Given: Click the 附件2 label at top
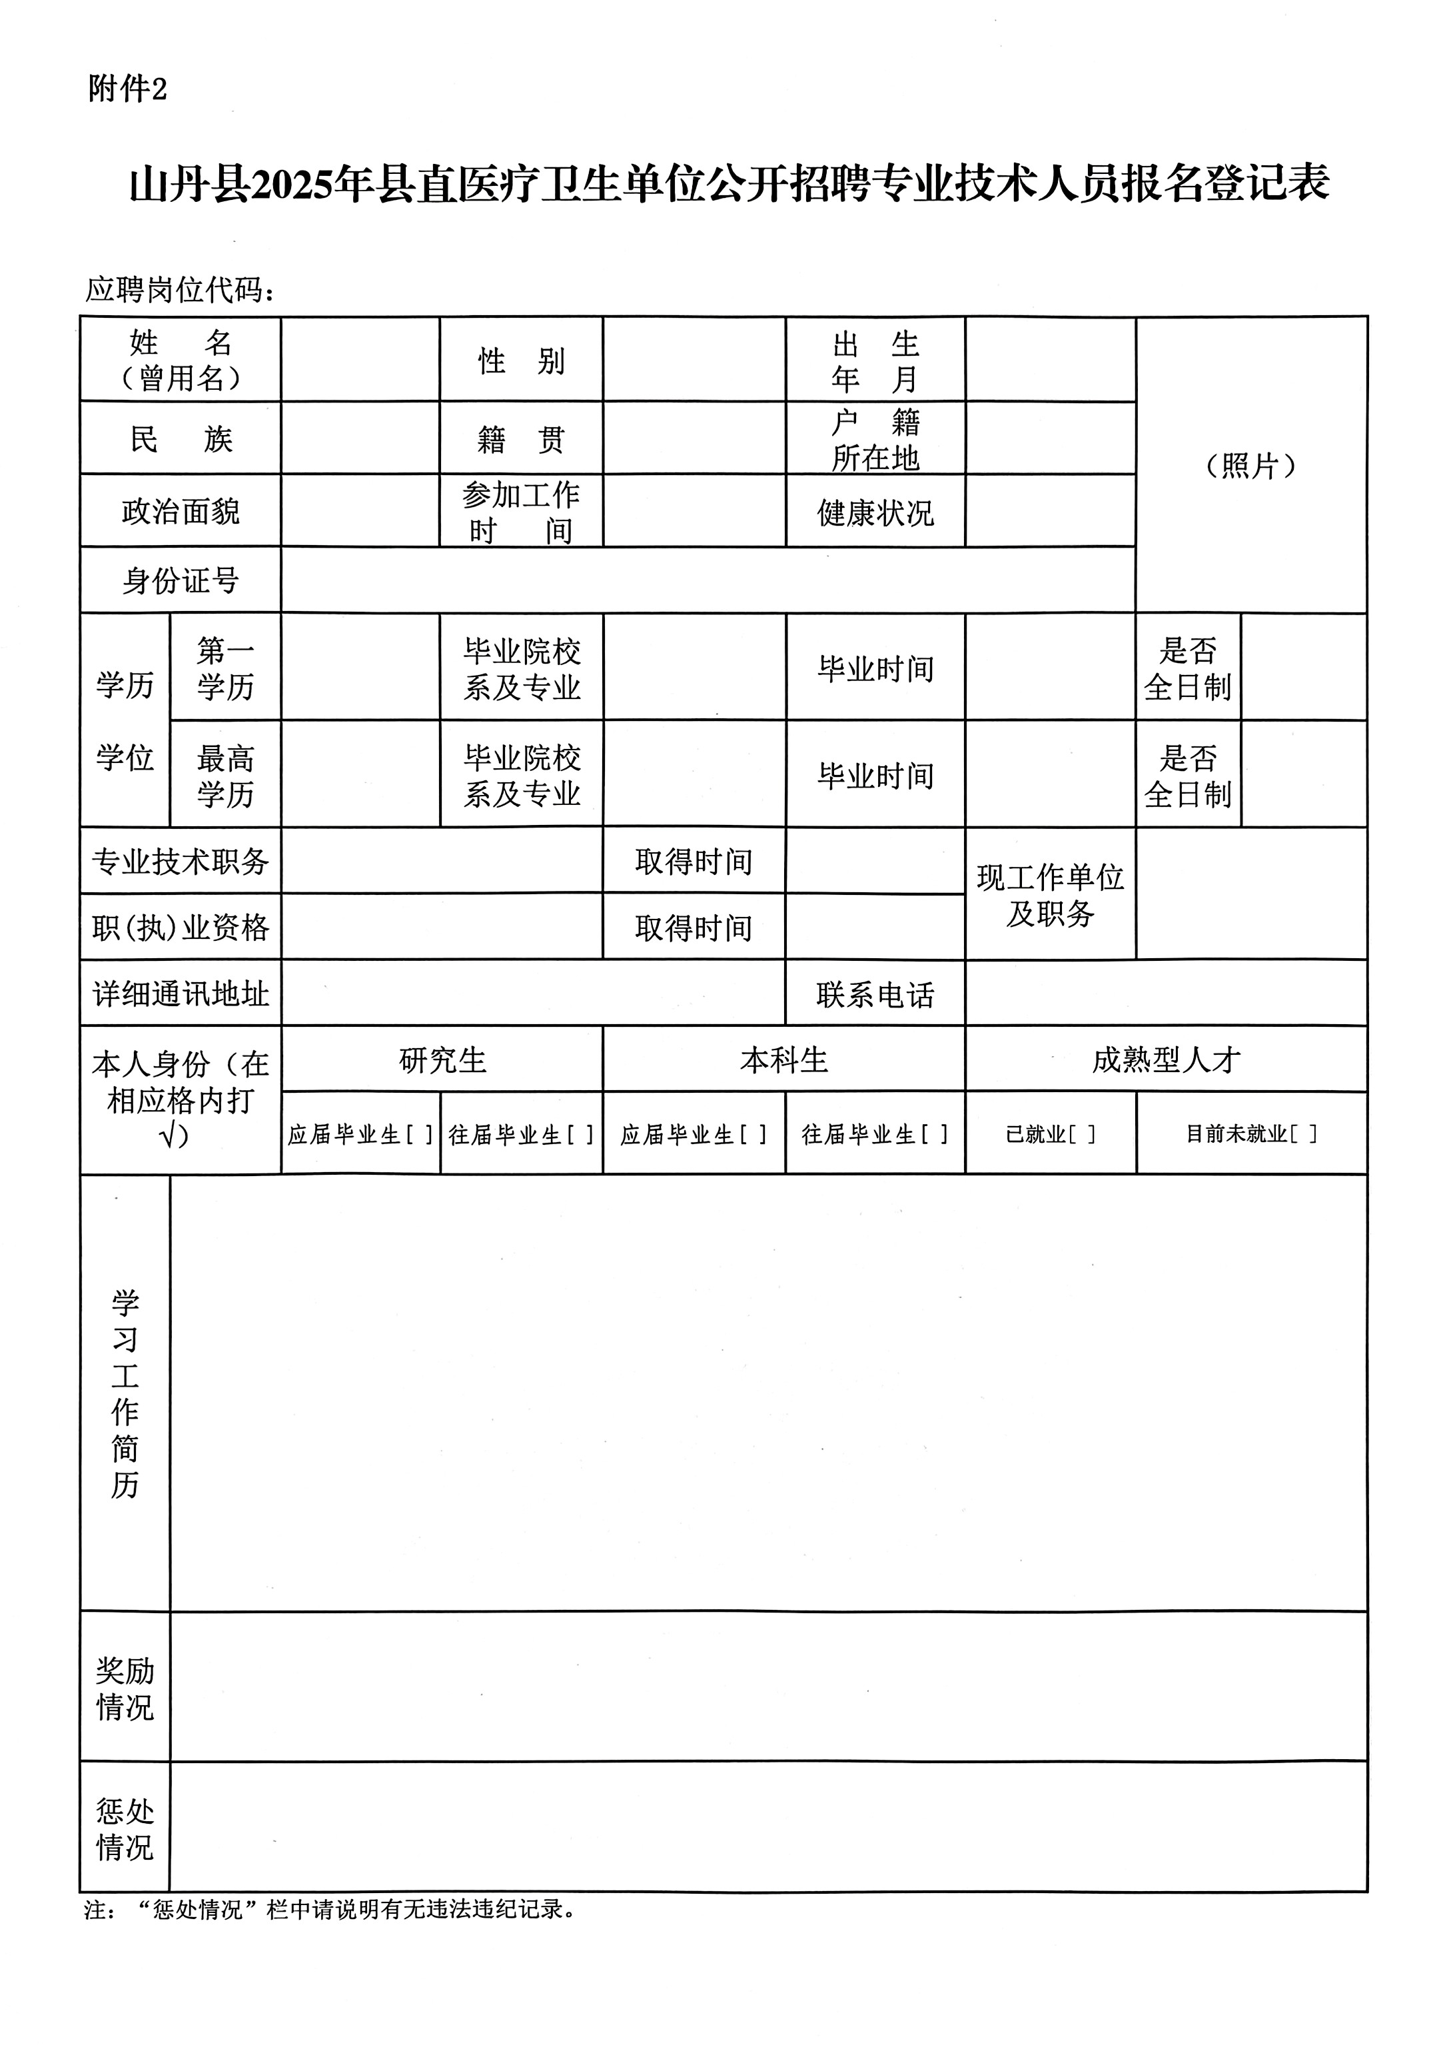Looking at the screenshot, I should tap(127, 89).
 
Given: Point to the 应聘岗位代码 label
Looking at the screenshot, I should tap(179, 289).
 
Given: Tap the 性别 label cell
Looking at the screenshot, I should tap(521, 361).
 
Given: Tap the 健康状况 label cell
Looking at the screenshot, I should tap(875, 512).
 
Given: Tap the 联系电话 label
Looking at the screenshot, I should tap(875, 994).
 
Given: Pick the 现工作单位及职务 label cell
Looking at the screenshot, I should tap(1049, 894).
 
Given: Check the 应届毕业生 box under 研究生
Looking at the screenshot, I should tap(419, 1134).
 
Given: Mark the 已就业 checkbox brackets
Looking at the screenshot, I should tap(1081, 1134).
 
